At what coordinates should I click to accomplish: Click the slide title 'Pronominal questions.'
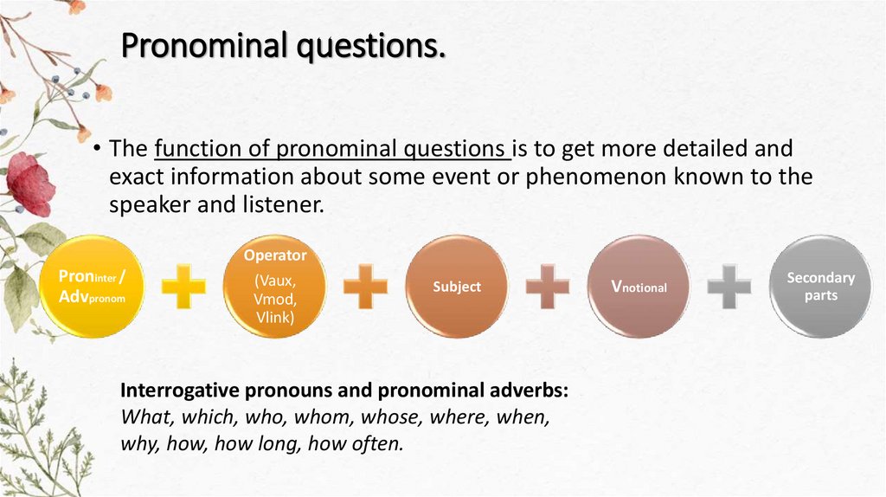282,45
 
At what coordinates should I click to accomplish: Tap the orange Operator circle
275,286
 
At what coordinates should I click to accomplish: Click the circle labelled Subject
457,287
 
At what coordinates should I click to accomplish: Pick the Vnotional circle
639,287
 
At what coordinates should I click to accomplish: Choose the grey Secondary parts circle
820,287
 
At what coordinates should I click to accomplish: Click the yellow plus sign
183,287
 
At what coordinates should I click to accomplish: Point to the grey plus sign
729,287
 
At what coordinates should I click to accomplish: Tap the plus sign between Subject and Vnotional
548,287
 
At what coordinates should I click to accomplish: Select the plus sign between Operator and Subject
365,287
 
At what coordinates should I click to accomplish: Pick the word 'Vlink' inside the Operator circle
275,317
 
